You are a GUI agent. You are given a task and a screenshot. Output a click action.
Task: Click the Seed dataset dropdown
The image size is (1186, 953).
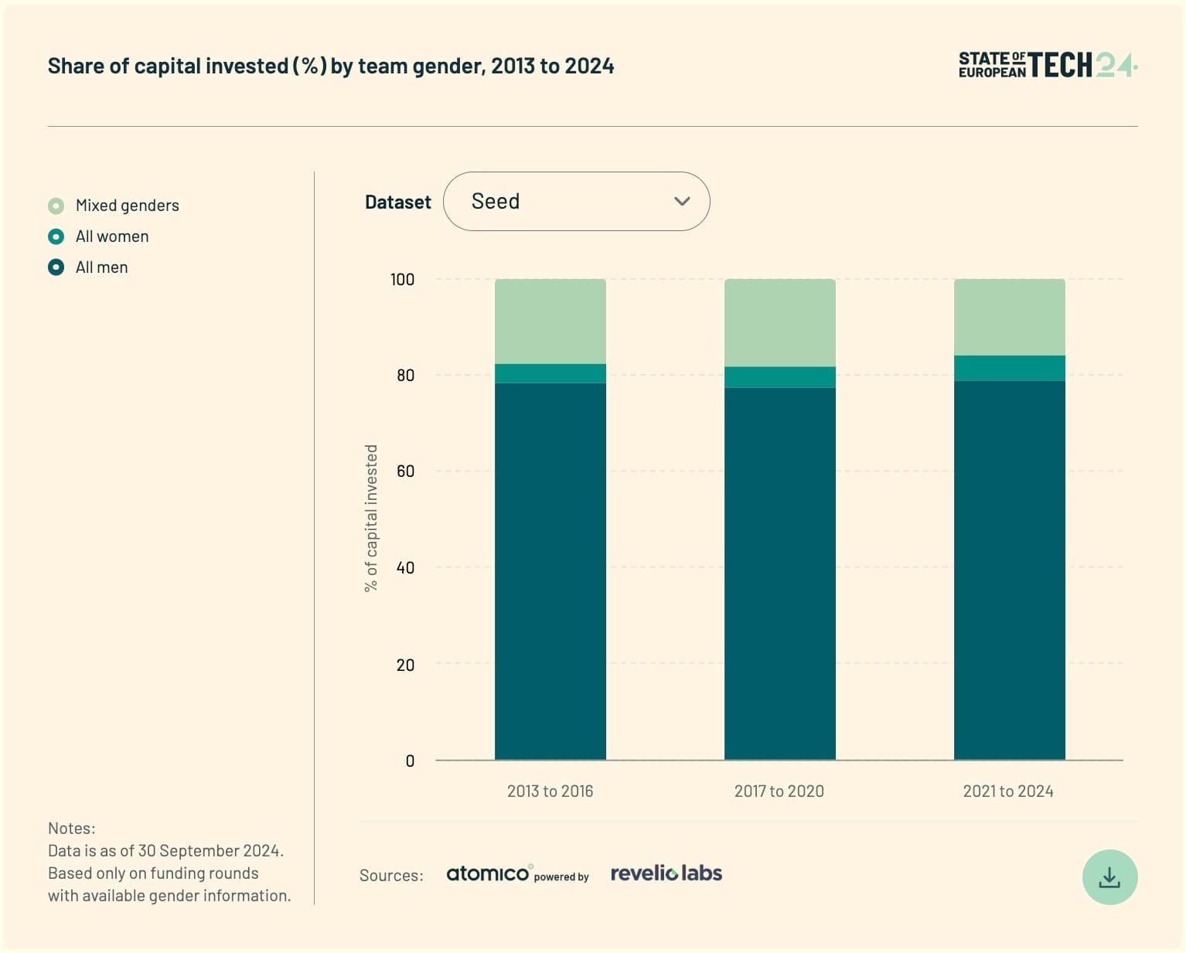pos(576,201)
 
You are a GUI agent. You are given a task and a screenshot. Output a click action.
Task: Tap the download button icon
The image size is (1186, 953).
pos(1109,877)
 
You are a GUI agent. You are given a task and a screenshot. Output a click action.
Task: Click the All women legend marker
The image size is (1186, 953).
pos(56,237)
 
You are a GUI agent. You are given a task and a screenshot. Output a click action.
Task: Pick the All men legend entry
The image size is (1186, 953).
pos(101,267)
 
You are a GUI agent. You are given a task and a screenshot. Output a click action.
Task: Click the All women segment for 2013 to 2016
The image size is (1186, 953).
pos(550,373)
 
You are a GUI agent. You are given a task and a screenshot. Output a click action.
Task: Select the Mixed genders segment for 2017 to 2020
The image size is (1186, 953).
pos(779,322)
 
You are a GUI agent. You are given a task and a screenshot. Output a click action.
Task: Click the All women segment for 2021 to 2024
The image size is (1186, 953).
pos(1009,368)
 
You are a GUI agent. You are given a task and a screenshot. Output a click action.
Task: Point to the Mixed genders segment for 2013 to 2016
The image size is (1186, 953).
pos(550,321)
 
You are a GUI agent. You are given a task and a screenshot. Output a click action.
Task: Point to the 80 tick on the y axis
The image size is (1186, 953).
pos(405,375)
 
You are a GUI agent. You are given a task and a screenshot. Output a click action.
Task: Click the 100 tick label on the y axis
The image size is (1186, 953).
pos(402,279)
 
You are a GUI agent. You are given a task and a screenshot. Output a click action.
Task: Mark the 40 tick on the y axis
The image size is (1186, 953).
pos(405,567)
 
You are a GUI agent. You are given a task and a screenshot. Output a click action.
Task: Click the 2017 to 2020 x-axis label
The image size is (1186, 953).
pos(779,791)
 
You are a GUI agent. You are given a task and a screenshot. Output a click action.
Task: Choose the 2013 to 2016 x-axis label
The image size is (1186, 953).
pos(550,791)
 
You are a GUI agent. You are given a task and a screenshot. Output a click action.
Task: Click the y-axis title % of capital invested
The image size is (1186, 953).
pos(371,518)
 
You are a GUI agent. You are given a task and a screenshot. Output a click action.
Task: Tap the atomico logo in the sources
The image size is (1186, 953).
pos(489,873)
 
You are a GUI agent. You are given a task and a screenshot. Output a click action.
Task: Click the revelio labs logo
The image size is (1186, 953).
pos(666,873)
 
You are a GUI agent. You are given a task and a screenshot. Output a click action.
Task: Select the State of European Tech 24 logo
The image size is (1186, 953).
pos(1047,66)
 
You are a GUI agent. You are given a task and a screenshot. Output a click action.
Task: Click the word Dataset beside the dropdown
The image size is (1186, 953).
pos(397,202)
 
